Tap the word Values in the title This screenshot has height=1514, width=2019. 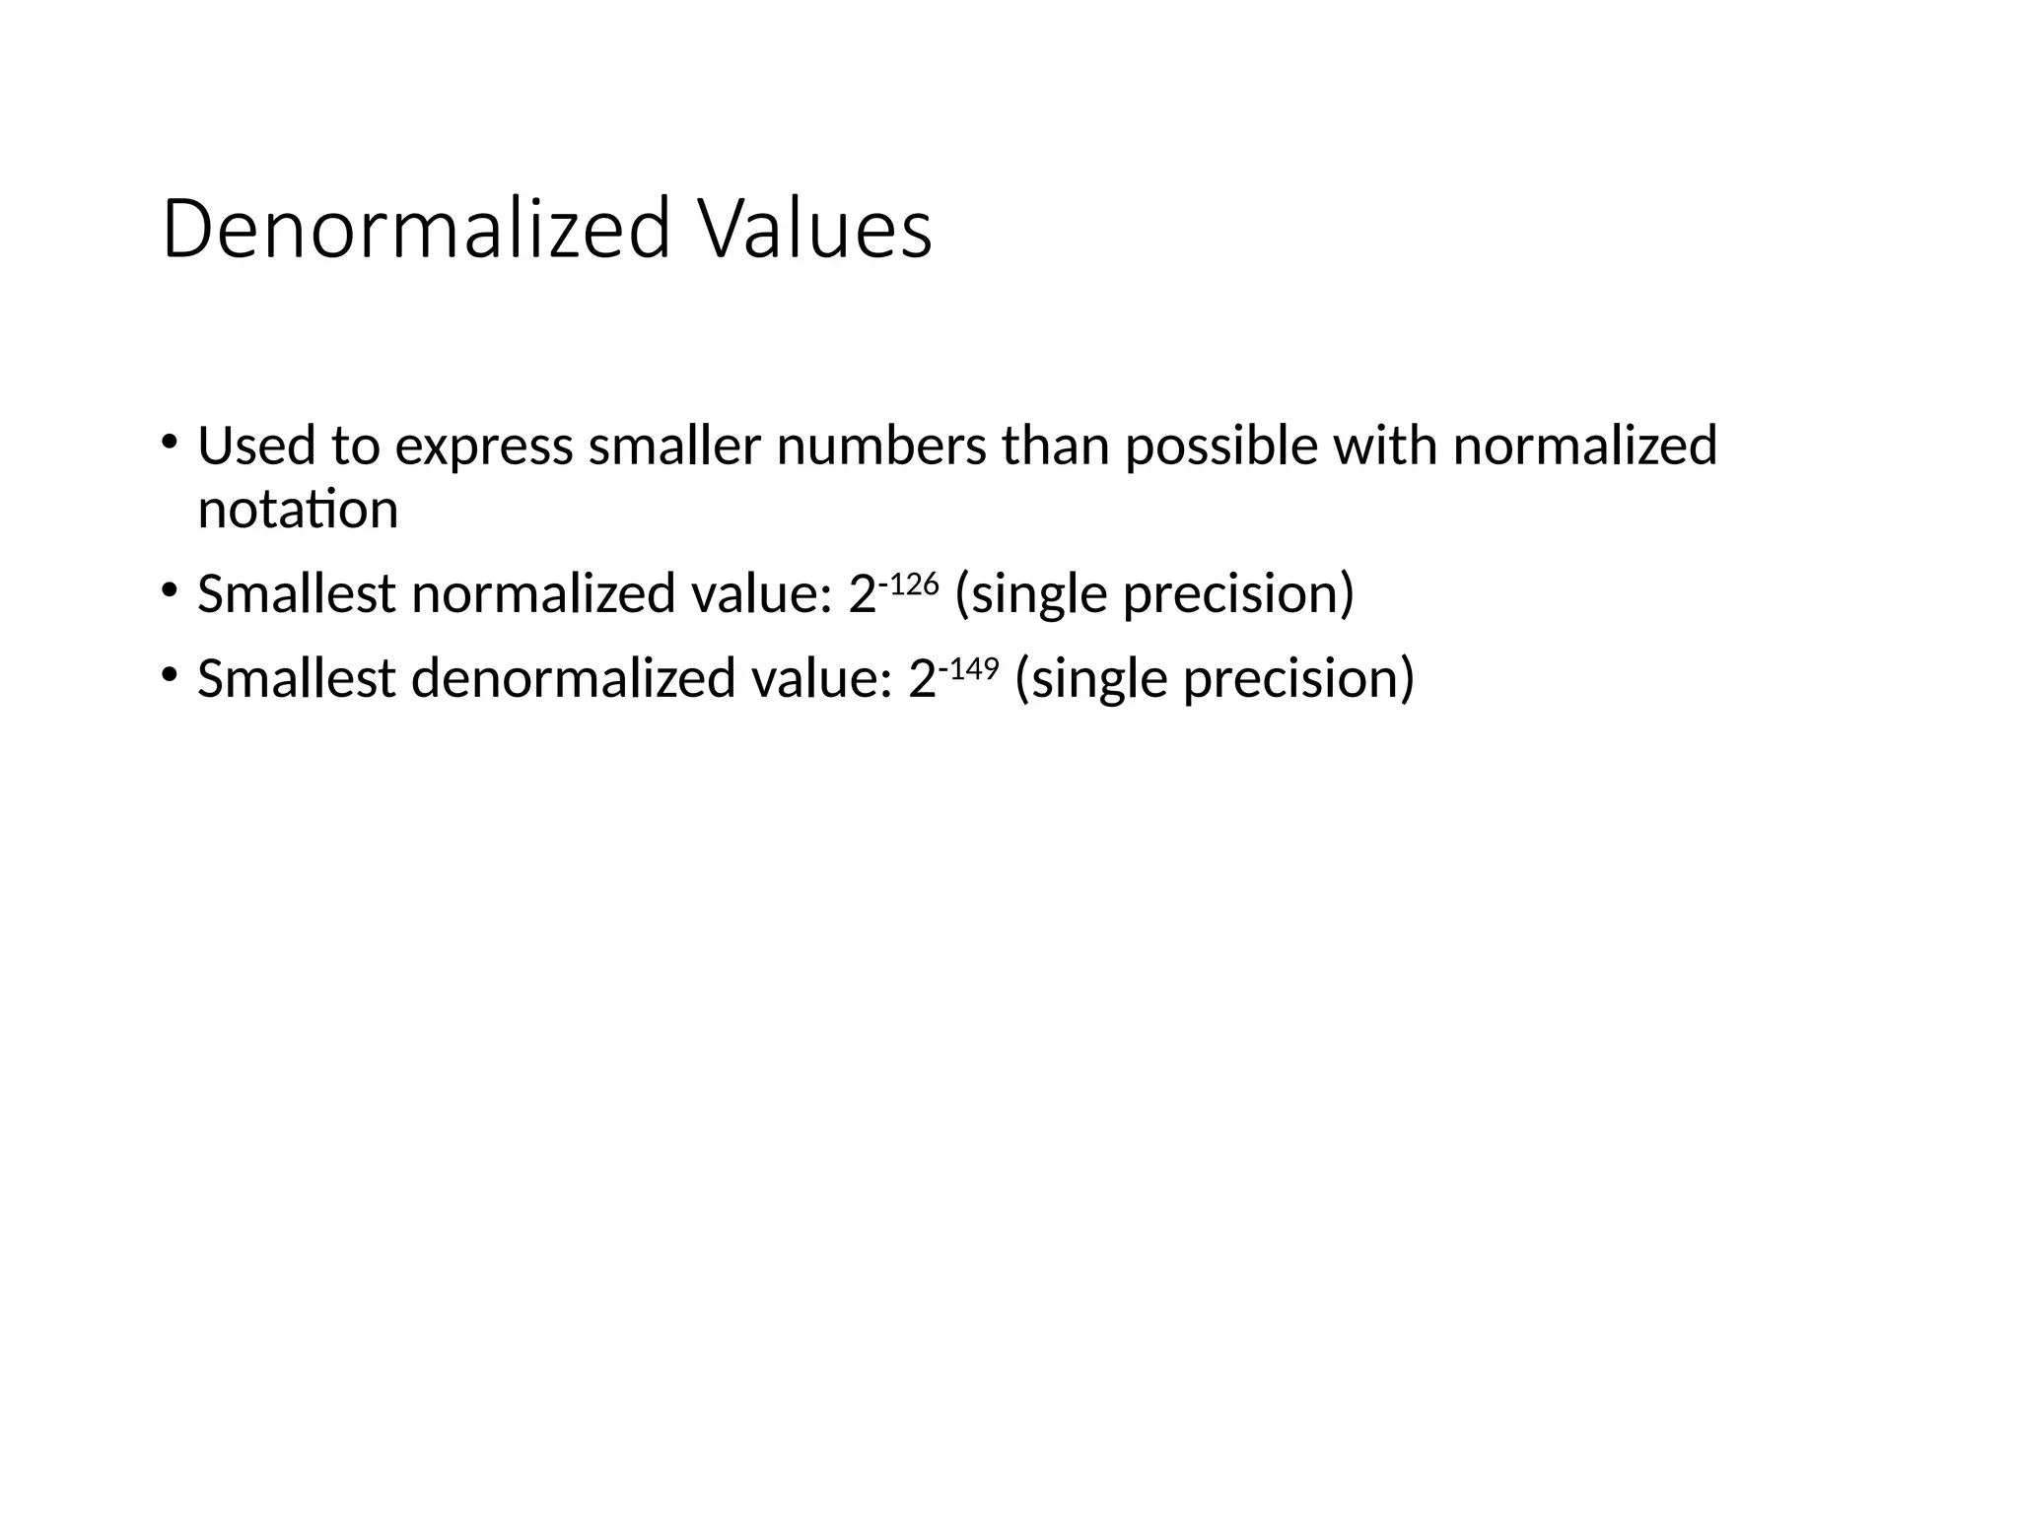pyautogui.click(x=815, y=230)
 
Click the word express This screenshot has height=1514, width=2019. pyautogui.click(x=483, y=447)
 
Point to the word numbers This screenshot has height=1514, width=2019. pyautogui.click(x=880, y=446)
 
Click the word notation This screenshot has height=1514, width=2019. pyautogui.click(x=298, y=511)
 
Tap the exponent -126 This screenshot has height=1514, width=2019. pyautogui.click(x=908, y=584)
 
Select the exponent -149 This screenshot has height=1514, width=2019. pyautogui.click(x=968, y=669)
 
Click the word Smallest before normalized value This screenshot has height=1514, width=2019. pyautogui.click(x=297, y=594)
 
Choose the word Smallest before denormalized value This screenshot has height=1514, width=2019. pyautogui.click(x=297, y=679)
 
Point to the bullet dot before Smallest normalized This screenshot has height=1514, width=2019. pyautogui.click(x=170, y=589)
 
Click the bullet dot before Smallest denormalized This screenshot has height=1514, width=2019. pyautogui.click(x=170, y=674)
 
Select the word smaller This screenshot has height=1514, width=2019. pyautogui.click(x=674, y=446)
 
